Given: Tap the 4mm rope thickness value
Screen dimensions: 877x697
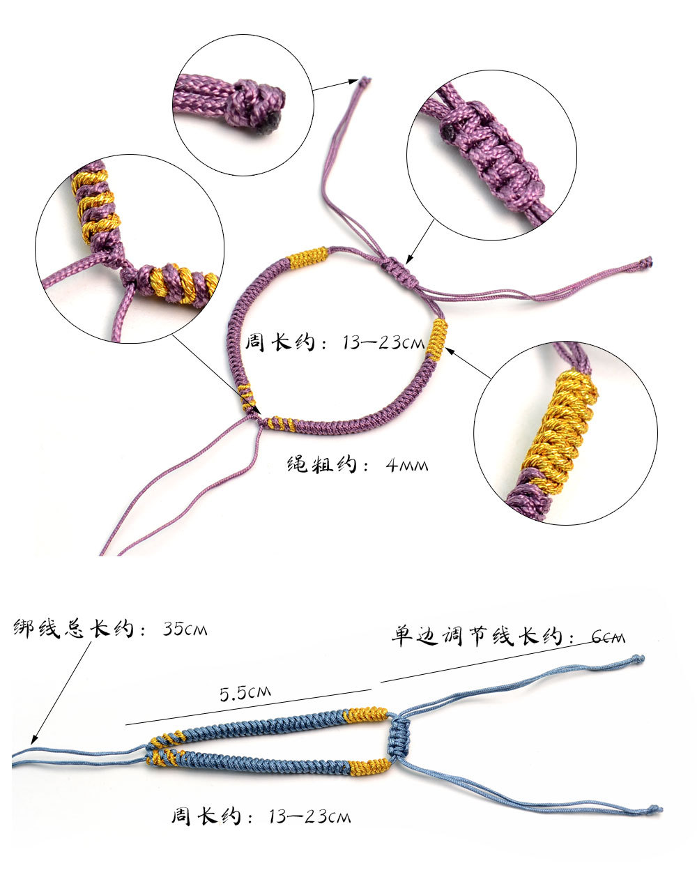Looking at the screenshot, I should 407,465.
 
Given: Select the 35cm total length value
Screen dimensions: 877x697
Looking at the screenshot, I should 185,629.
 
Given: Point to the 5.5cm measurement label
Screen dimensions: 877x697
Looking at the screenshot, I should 245,693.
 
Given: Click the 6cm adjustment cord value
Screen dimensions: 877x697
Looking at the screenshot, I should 608,636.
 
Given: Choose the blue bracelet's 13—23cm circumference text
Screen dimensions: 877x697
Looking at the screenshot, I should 309,816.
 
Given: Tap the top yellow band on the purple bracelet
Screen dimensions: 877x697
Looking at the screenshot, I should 307,259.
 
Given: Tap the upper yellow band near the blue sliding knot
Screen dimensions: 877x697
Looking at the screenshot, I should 365,715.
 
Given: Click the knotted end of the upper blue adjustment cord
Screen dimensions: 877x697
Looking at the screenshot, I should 637,659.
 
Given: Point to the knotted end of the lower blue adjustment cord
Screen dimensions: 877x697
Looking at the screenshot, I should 654,809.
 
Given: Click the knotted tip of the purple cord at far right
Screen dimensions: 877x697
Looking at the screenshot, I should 647,263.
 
